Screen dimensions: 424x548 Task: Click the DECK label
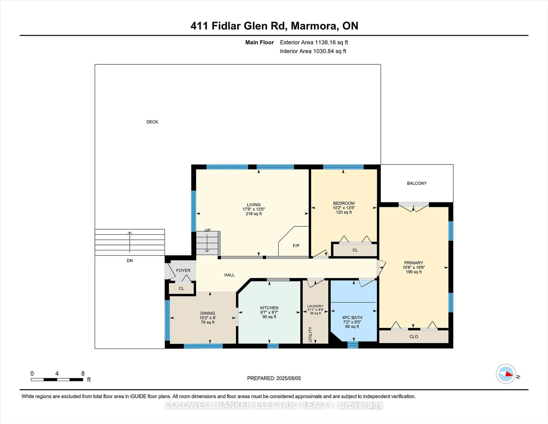click(x=152, y=122)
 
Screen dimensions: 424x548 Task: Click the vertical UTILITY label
click(x=310, y=334)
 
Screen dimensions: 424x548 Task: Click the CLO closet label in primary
click(x=414, y=337)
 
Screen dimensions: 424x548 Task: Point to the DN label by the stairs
click(x=129, y=261)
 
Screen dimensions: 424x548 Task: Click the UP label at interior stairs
click(x=207, y=230)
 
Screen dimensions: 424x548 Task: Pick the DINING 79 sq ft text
click(x=207, y=322)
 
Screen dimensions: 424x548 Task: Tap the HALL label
click(x=229, y=275)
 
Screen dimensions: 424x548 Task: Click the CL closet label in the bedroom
click(x=355, y=250)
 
